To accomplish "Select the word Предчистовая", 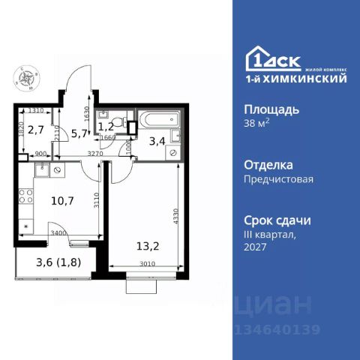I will tap(278, 178).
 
